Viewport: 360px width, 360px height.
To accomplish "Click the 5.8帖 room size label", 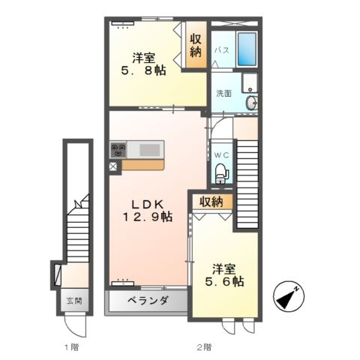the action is click(143, 70).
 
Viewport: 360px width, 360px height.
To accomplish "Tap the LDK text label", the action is click(148, 205).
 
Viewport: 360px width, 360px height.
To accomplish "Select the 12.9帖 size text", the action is click(148, 217).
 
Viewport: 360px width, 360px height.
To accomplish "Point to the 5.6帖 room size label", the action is click(224, 281).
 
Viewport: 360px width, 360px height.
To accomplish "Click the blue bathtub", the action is click(247, 49).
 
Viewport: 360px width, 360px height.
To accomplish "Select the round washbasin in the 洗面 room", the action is click(251, 103).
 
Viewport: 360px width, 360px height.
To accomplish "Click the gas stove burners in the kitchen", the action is click(118, 149).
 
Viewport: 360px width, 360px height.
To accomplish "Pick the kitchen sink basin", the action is click(149, 149).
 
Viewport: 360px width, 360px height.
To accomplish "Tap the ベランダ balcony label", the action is click(148, 301).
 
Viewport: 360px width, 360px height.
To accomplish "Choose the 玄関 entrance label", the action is click(74, 301).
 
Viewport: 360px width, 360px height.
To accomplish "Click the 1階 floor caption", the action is click(72, 347).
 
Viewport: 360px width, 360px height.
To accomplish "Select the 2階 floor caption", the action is click(204, 347).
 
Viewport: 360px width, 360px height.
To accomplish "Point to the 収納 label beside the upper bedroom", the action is click(196, 46).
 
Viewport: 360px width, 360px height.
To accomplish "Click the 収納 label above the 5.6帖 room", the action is click(211, 202).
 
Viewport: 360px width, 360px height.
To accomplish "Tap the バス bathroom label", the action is click(222, 50).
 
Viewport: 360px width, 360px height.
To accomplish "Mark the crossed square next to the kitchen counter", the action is click(113, 166).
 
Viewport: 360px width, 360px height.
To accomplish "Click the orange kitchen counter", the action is click(142, 165).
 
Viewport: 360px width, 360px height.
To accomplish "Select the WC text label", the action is click(221, 155).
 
